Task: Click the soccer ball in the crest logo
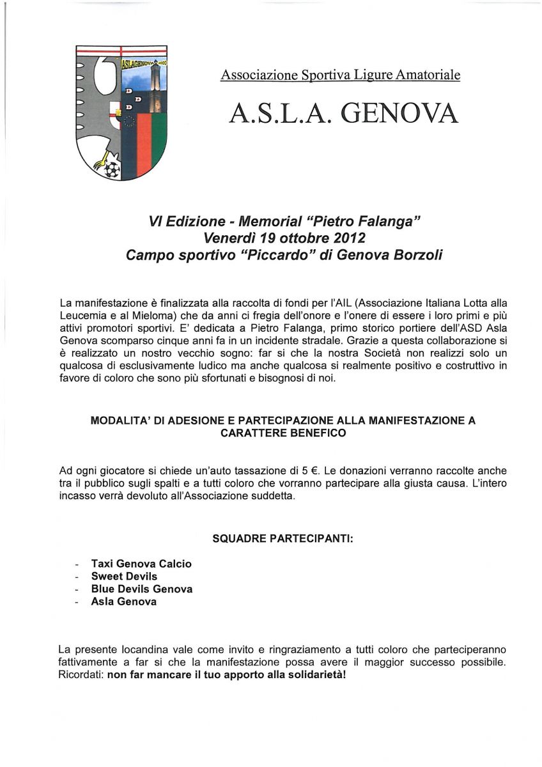[x=112, y=169]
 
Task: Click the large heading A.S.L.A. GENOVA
[x=344, y=113]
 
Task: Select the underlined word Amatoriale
[x=427, y=75]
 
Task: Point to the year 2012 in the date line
[x=346, y=238]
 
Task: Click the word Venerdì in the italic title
[x=228, y=238]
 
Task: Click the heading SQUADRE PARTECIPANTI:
[x=283, y=539]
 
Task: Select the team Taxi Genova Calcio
[x=141, y=564]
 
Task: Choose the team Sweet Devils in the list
[x=124, y=577]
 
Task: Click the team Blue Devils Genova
[x=142, y=589]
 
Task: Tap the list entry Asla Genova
[x=124, y=601]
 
